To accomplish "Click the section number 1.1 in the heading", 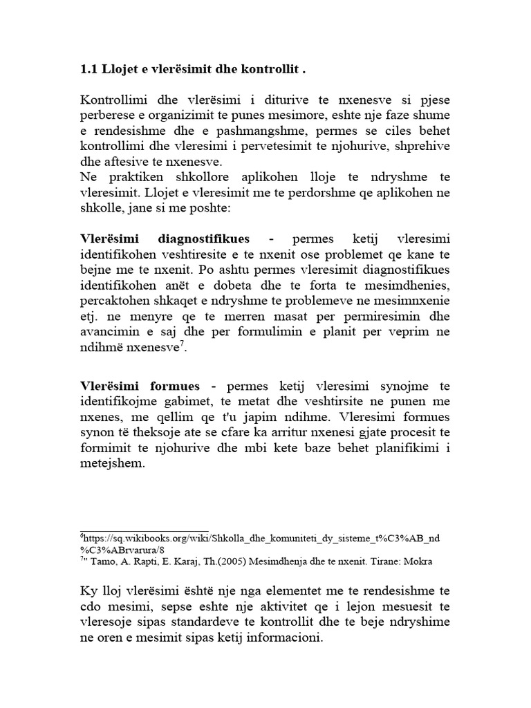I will pos(89,70).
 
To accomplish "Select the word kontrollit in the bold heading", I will pos(270,70).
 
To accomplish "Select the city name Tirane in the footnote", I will pos(382,561).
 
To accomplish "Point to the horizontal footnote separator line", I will pos(145,531).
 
